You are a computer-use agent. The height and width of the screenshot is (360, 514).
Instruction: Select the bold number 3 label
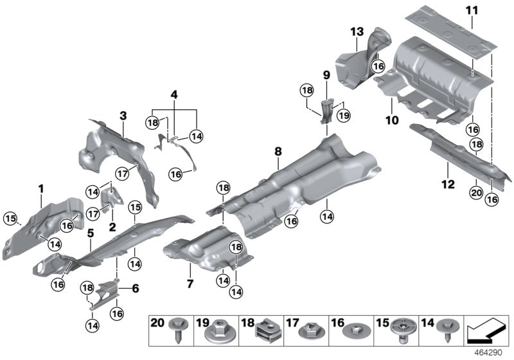123,116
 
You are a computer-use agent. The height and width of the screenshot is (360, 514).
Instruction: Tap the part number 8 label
278,152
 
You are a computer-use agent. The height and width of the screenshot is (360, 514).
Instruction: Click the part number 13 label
357,32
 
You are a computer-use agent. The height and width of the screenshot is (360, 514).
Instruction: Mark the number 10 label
392,120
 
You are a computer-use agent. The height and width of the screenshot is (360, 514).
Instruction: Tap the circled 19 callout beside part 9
343,116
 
